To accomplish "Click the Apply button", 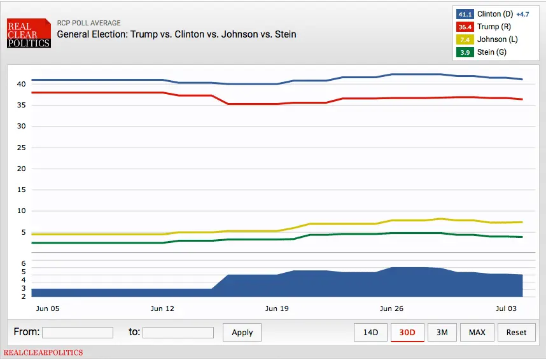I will point(242,332).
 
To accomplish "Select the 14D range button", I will point(370,332).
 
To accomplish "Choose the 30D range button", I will point(407,332).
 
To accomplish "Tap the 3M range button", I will point(442,332).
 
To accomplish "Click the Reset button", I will point(516,332).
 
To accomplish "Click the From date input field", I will point(77,332).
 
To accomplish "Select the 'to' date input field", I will point(178,332).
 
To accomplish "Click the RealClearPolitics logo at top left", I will point(29,32).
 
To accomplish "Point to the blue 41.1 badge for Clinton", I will point(465,14).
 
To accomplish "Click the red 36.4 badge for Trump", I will point(465,27).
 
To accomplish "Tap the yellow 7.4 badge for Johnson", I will point(465,39).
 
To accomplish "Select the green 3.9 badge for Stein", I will point(465,52).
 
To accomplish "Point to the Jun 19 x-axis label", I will point(276,308).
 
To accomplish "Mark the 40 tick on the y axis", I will point(21,84).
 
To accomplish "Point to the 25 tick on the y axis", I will point(21,148).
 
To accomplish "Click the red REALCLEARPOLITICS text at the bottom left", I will point(43,352).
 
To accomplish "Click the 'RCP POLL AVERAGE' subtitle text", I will point(88,23).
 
